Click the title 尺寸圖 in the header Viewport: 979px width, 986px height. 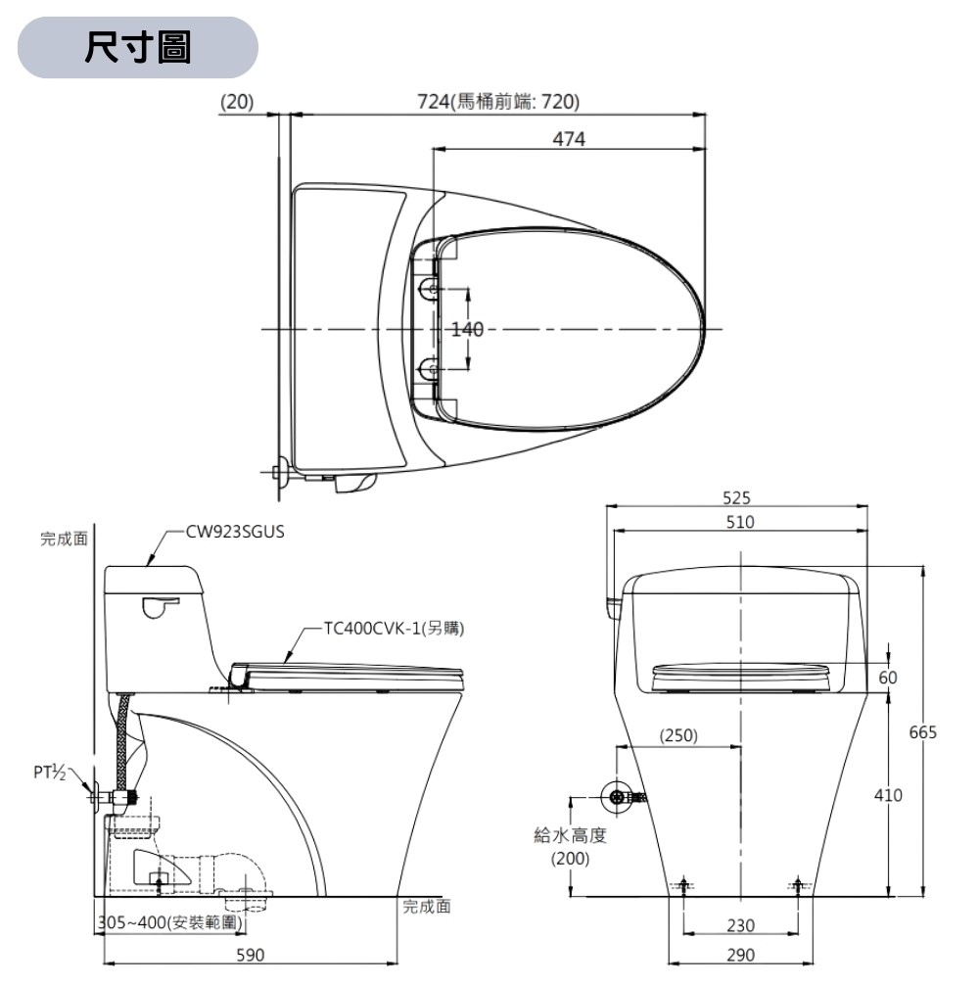tap(137, 47)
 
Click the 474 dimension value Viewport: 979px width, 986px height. tap(568, 139)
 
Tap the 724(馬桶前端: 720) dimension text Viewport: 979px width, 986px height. tap(498, 102)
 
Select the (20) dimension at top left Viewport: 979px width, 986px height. tap(236, 102)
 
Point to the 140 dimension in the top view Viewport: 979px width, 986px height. tap(468, 329)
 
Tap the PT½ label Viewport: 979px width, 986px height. tap(49, 774)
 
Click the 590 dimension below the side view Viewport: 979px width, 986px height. tap(252, 955)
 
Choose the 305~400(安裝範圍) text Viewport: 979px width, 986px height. tap(171, 922)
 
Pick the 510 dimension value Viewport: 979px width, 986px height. tap(740, 522)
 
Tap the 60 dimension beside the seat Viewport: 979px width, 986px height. tap(887, 678)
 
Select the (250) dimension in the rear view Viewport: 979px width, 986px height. tap(678, 735)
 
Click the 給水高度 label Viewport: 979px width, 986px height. tap(571, 835)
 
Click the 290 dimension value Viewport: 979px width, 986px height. tap(740, 955)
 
